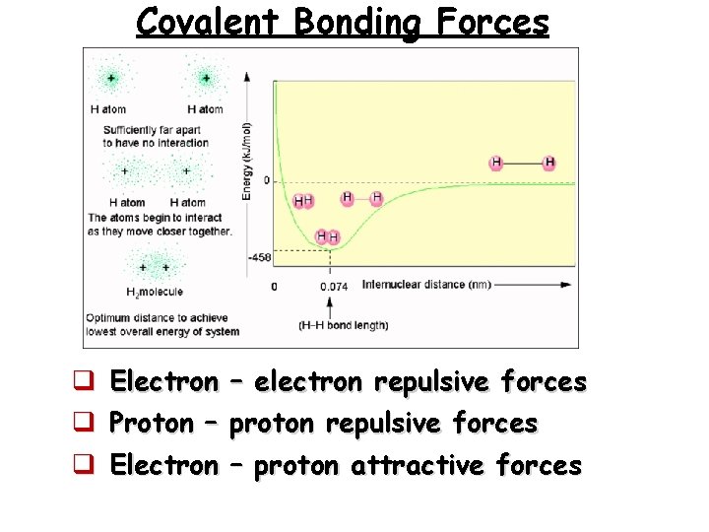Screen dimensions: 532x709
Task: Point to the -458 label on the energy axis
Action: tap(259, 257)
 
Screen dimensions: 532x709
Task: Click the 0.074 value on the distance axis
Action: tap(333, 287)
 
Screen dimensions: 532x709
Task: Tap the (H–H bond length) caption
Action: tap(342, 324)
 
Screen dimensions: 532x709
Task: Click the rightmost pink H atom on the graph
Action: tap(549, 163)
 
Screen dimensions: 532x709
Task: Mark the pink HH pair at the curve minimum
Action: tap(327, 237)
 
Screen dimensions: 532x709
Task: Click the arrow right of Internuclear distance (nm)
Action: tap(533, 285)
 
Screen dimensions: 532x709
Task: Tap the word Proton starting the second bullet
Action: tap(151, 424)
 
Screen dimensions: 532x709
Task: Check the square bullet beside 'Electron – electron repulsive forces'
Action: tap(86, 382)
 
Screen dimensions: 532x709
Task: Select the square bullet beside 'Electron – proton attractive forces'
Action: tap(86, 465)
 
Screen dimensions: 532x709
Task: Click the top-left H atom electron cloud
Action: tap(110, 78)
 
